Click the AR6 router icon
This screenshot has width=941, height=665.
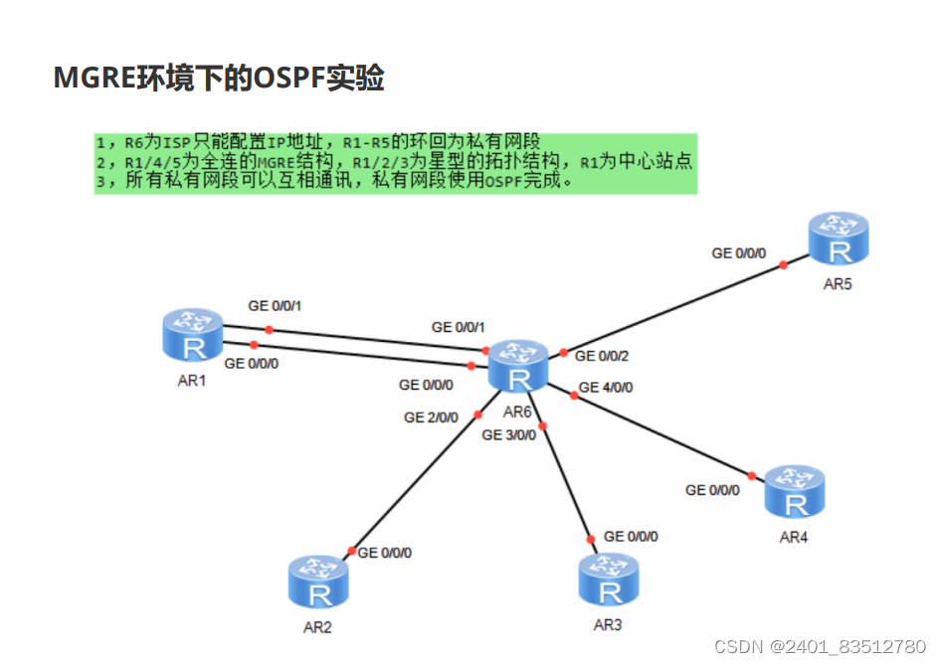point(518,367)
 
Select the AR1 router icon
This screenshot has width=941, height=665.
point(194,335)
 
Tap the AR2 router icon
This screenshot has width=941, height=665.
point(318,583)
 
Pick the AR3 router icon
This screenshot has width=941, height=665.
point(609,581)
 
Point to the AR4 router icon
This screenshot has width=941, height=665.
point(795,492)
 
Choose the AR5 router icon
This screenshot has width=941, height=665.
point(839,238)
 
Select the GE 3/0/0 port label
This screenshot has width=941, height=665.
point(508,434)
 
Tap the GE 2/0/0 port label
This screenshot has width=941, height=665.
point(431,417)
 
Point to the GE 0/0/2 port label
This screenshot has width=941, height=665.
point(602,356)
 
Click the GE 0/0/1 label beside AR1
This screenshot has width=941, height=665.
point(276,305)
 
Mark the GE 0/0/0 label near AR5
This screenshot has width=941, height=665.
point(739,253)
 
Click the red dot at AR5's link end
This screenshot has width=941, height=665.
point(784,264)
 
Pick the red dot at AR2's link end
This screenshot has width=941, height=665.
point(351,551)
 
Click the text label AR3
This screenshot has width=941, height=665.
point(608,625)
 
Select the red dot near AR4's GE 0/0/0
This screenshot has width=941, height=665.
point(752,475)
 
